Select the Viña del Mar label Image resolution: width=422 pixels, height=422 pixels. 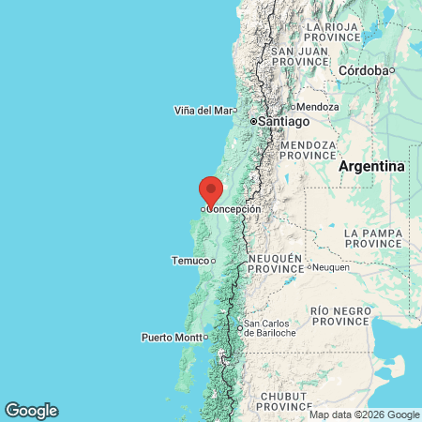(203, 111)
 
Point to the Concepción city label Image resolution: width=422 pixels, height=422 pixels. (234, 209)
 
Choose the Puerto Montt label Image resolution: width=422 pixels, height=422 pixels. (172, 337)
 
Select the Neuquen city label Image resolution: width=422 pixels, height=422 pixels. (331, 267)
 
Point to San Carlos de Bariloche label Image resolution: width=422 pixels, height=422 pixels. (270, 329)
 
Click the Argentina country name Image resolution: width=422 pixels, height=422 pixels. (372, 166)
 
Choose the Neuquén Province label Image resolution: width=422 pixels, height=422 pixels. (275, 264)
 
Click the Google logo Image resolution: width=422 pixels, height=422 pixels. (31, 410)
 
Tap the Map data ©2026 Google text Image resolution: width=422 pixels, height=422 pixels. (365, 414)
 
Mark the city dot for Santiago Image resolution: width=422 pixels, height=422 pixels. (253, 122)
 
